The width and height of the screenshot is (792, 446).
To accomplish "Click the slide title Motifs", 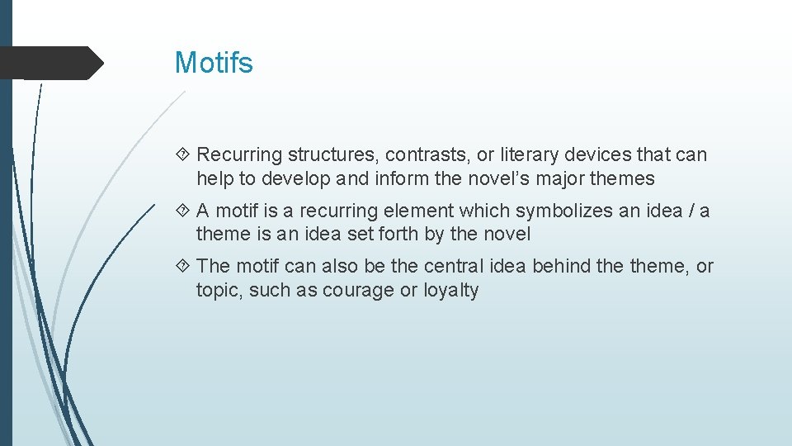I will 214,63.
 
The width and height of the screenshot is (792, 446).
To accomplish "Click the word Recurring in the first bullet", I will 235,154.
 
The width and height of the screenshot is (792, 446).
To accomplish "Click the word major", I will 582,178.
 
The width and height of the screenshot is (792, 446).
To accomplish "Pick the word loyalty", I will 450,291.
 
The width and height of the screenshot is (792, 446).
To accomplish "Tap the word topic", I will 219,291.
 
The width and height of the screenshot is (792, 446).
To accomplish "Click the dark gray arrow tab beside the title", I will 49,63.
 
